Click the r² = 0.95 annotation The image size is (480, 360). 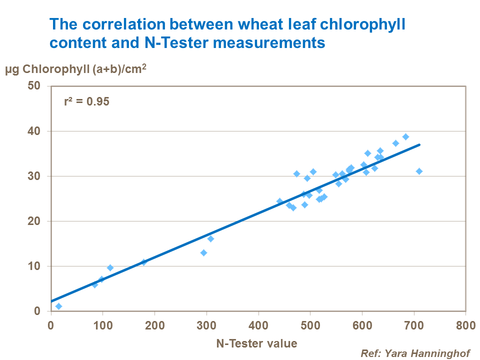coord(86,101)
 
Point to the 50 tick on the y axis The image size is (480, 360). coord(40,86)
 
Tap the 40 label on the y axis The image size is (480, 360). coord(40,131)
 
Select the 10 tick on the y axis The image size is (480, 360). coord(40,266)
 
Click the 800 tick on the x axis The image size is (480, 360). coord(465,324)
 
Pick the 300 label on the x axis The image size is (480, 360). coord(206,324)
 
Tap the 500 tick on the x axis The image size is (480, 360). coord(310,324)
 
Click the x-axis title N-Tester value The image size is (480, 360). coord(256,343)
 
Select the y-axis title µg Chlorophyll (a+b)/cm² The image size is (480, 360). coord(75,70)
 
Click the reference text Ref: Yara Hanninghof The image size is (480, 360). coord(415,353)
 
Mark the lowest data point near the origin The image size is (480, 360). coord(58,306)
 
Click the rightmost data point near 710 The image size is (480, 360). coord(419,171)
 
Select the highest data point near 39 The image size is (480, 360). coord(405,136)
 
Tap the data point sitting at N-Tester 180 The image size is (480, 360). coord(144,262)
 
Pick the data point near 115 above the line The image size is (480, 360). coord(110,267)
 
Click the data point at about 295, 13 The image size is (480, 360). coord(203,252)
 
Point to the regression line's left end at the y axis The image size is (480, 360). coord(51,301)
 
